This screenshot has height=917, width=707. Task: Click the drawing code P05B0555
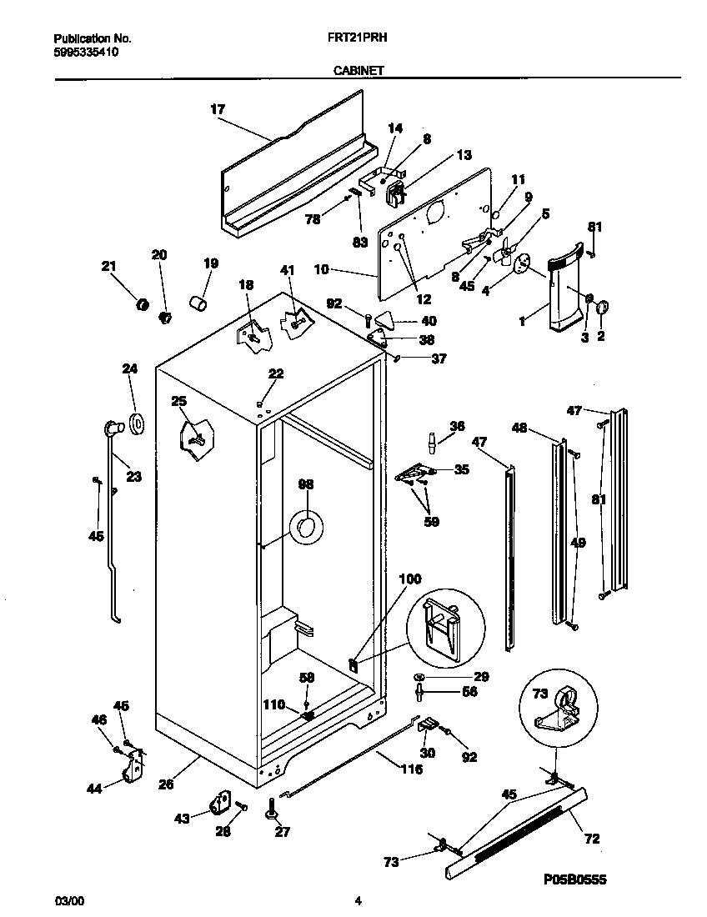click(575, 879)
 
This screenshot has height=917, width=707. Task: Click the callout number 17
click(218, 108)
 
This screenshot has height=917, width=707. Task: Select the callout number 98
click(306, 484)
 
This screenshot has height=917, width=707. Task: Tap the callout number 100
click(411, 579)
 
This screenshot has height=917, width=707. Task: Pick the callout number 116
click(411, 769)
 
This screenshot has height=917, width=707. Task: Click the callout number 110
click(273, 704)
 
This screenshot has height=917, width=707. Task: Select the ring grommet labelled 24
click(135, 423)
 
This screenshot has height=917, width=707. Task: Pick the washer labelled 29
click(419, 676)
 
